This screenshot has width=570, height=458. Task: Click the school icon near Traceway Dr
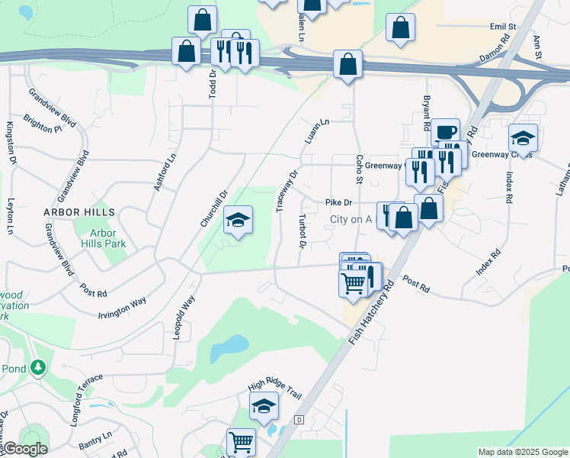point(238,221)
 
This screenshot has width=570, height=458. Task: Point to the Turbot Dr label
point(303,231)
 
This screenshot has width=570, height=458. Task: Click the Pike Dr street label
point(338,203)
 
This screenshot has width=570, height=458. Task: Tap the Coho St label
point(357,169)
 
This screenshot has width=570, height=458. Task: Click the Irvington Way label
point(122,308)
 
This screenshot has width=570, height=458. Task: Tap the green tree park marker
point(38,369)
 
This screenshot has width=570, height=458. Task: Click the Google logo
point(25,449)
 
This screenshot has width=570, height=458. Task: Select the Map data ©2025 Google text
point(522,452)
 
